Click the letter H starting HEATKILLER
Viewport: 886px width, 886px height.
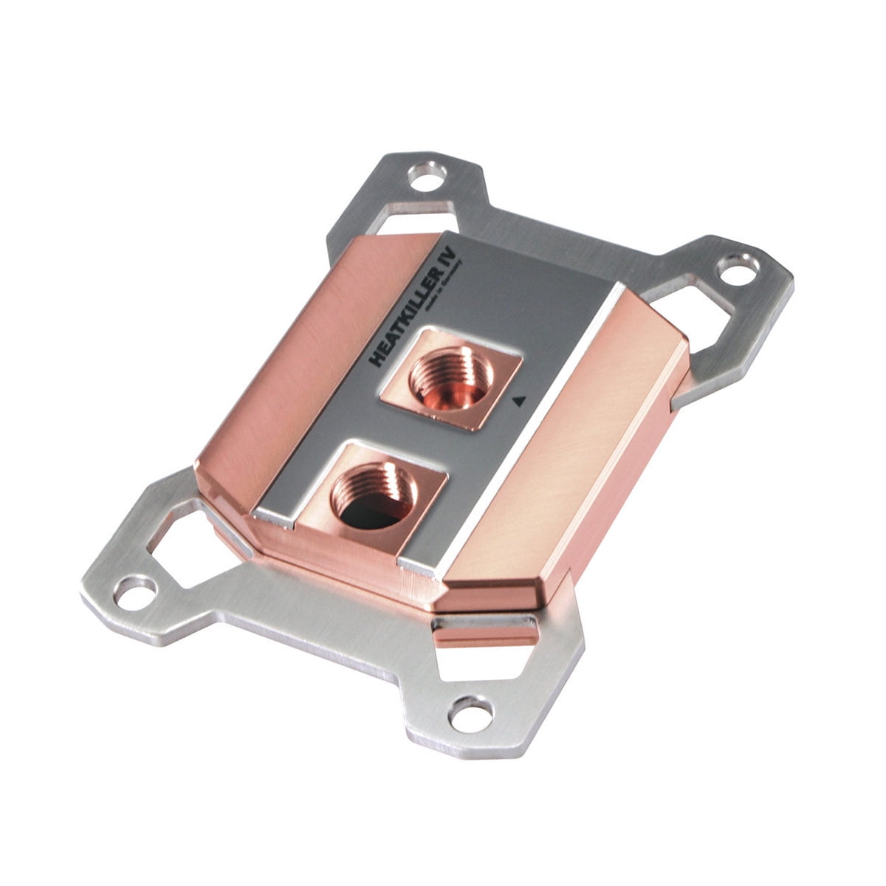379,359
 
